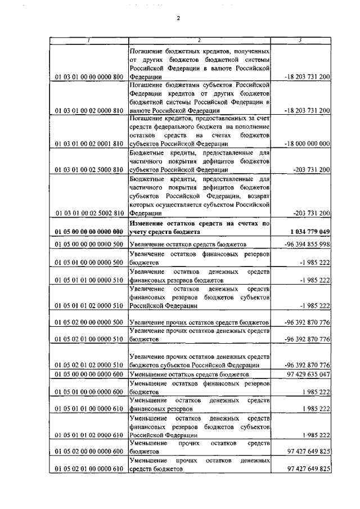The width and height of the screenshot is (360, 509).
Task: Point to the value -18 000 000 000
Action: (308, 143)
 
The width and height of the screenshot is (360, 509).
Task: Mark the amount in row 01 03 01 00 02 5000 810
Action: (312, 169)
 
